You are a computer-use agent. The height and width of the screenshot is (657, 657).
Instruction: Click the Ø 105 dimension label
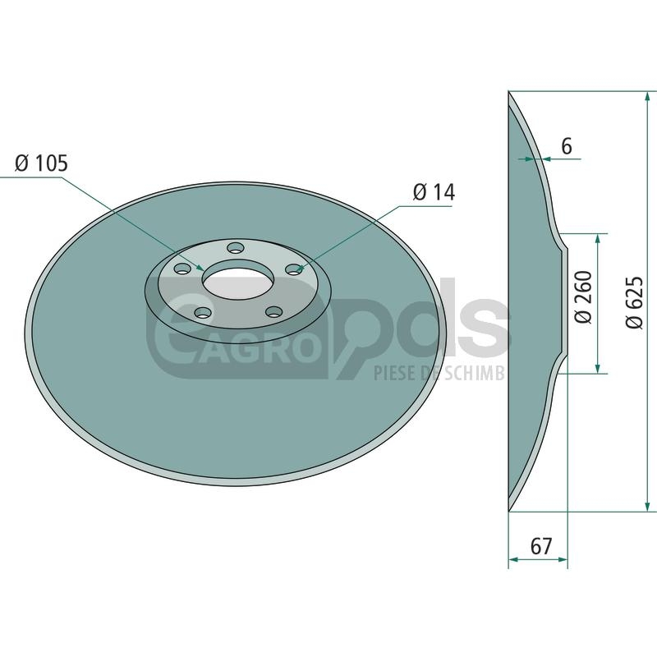(x=41, y=163)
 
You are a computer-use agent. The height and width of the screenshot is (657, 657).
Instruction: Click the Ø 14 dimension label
(x=434, y=192)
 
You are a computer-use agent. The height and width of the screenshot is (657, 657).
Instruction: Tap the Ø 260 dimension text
(x=583, y=296)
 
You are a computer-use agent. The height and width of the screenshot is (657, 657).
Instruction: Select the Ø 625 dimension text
(x=634, y=302)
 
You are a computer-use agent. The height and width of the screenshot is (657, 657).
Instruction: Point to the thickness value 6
(x=566, y=147)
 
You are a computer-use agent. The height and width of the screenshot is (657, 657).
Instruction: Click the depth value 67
(x=541, y=546)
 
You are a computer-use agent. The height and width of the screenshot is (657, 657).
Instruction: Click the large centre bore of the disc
(x=238, y=279)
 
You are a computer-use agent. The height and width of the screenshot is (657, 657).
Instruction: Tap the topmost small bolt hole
(x=235, y=248)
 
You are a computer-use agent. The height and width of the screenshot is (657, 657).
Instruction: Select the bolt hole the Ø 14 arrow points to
(x=294, y=269)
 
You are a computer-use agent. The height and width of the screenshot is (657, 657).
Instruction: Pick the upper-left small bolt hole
(x=182, y=269)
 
